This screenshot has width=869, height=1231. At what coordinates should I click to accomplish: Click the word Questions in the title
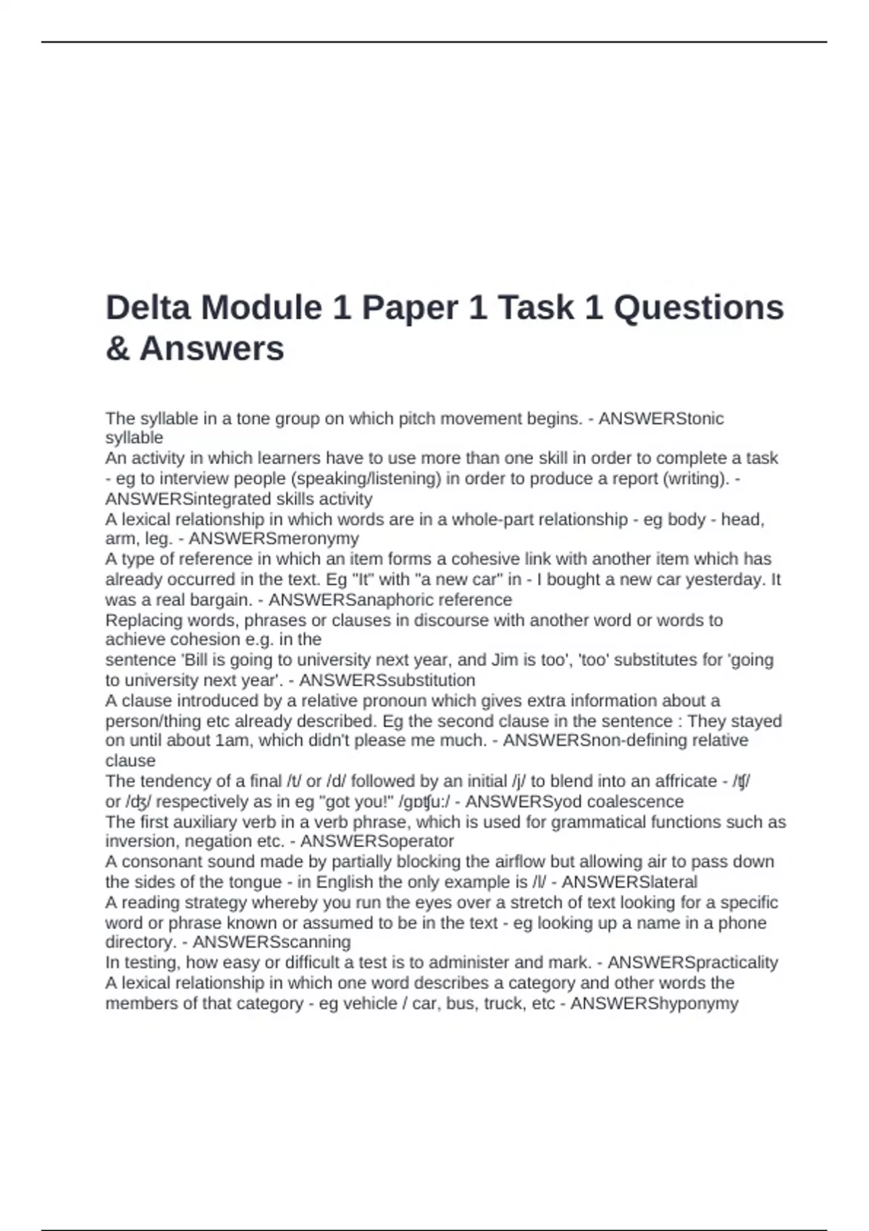pos(699,307)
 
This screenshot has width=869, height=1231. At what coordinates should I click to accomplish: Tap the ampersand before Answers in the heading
pos(117,348)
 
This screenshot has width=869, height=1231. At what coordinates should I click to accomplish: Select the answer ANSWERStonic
pos(660,419)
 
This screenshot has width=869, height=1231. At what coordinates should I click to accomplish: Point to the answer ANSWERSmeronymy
pos(274,539)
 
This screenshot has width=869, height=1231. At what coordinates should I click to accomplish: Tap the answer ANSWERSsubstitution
pos(387,681)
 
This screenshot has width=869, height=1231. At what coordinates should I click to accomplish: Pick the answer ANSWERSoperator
pos(377,841)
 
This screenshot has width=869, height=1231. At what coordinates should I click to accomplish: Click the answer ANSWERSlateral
pos(629,882)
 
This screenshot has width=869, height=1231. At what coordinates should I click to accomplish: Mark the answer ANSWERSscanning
pos(272,942)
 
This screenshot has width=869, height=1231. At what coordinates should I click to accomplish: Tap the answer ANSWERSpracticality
pos(692,962)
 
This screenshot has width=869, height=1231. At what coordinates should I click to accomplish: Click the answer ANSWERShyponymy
pos(654,1004)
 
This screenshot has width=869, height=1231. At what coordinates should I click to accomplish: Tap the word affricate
pos(685,781)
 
